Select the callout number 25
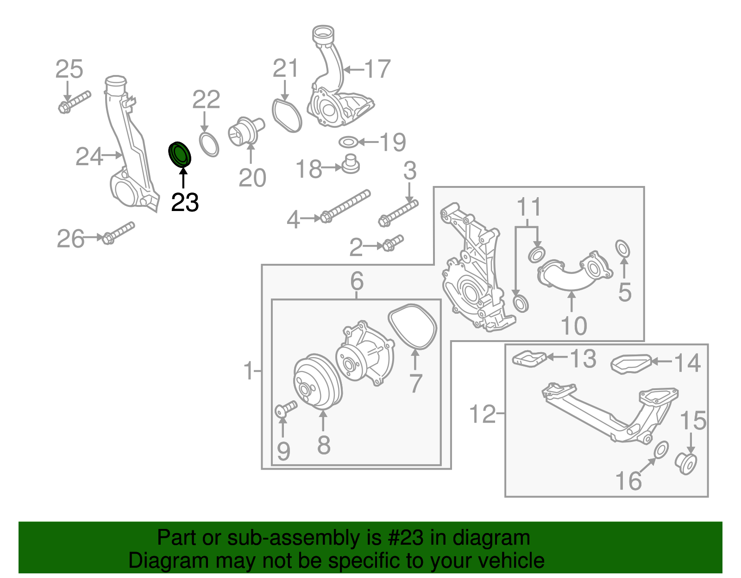click(69, 69)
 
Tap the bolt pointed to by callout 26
click(119, 233)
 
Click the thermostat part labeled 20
click(245, 131)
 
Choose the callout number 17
click(377, 69)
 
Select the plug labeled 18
click(350, 164)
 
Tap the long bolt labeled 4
click(345, 206)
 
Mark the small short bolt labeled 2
click(392, 243)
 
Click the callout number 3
click(410, 171)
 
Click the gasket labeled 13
click(529, 359)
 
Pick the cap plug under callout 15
click(686, 464)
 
